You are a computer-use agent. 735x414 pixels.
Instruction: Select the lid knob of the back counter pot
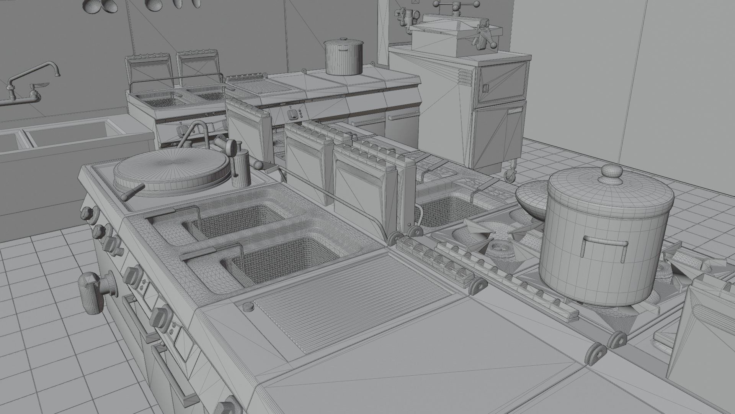pyautogui.click(x=343, y=39)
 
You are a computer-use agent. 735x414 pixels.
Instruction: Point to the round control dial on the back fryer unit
pyautogui.click(x=293, y=114)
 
